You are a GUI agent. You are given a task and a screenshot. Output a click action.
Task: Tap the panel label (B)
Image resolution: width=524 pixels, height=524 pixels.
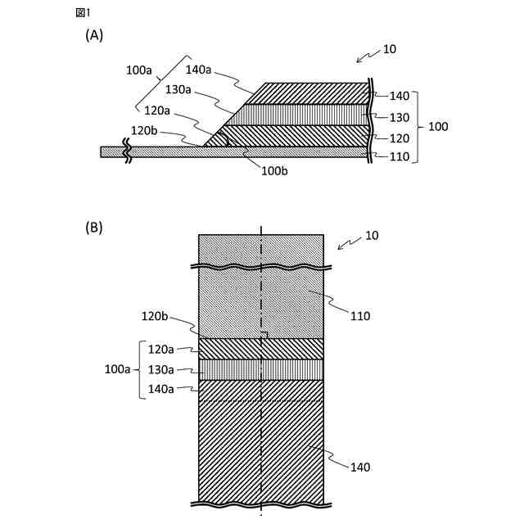94,228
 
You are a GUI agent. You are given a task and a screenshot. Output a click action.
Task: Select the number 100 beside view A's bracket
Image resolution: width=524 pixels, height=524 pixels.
438,127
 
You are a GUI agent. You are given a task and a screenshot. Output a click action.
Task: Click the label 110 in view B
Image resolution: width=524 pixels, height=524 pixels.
360,315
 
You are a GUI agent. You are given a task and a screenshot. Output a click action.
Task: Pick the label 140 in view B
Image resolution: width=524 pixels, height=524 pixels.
360,467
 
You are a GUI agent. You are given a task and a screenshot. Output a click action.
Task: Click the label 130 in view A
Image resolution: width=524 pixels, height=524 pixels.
400,117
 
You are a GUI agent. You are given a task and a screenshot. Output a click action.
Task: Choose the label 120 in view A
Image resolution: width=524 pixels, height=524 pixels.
400,138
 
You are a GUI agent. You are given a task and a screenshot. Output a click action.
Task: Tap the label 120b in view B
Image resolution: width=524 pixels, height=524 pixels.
155,315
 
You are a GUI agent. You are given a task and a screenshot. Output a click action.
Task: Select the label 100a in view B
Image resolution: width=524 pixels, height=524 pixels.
118,369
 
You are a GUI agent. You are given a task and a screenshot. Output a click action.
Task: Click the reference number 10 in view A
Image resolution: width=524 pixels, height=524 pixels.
390,49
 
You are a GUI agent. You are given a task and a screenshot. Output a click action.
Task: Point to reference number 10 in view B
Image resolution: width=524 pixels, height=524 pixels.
372,236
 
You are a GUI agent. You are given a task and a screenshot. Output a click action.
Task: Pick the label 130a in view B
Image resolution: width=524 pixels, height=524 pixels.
161,369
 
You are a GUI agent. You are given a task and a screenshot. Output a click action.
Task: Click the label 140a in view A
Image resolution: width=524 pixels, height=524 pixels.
199,70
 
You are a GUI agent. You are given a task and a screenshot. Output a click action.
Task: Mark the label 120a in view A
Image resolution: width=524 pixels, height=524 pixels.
158,111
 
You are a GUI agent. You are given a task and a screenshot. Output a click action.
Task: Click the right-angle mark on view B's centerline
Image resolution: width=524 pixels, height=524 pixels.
265,335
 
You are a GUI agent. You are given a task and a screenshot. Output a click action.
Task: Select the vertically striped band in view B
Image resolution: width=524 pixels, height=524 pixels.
261,370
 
